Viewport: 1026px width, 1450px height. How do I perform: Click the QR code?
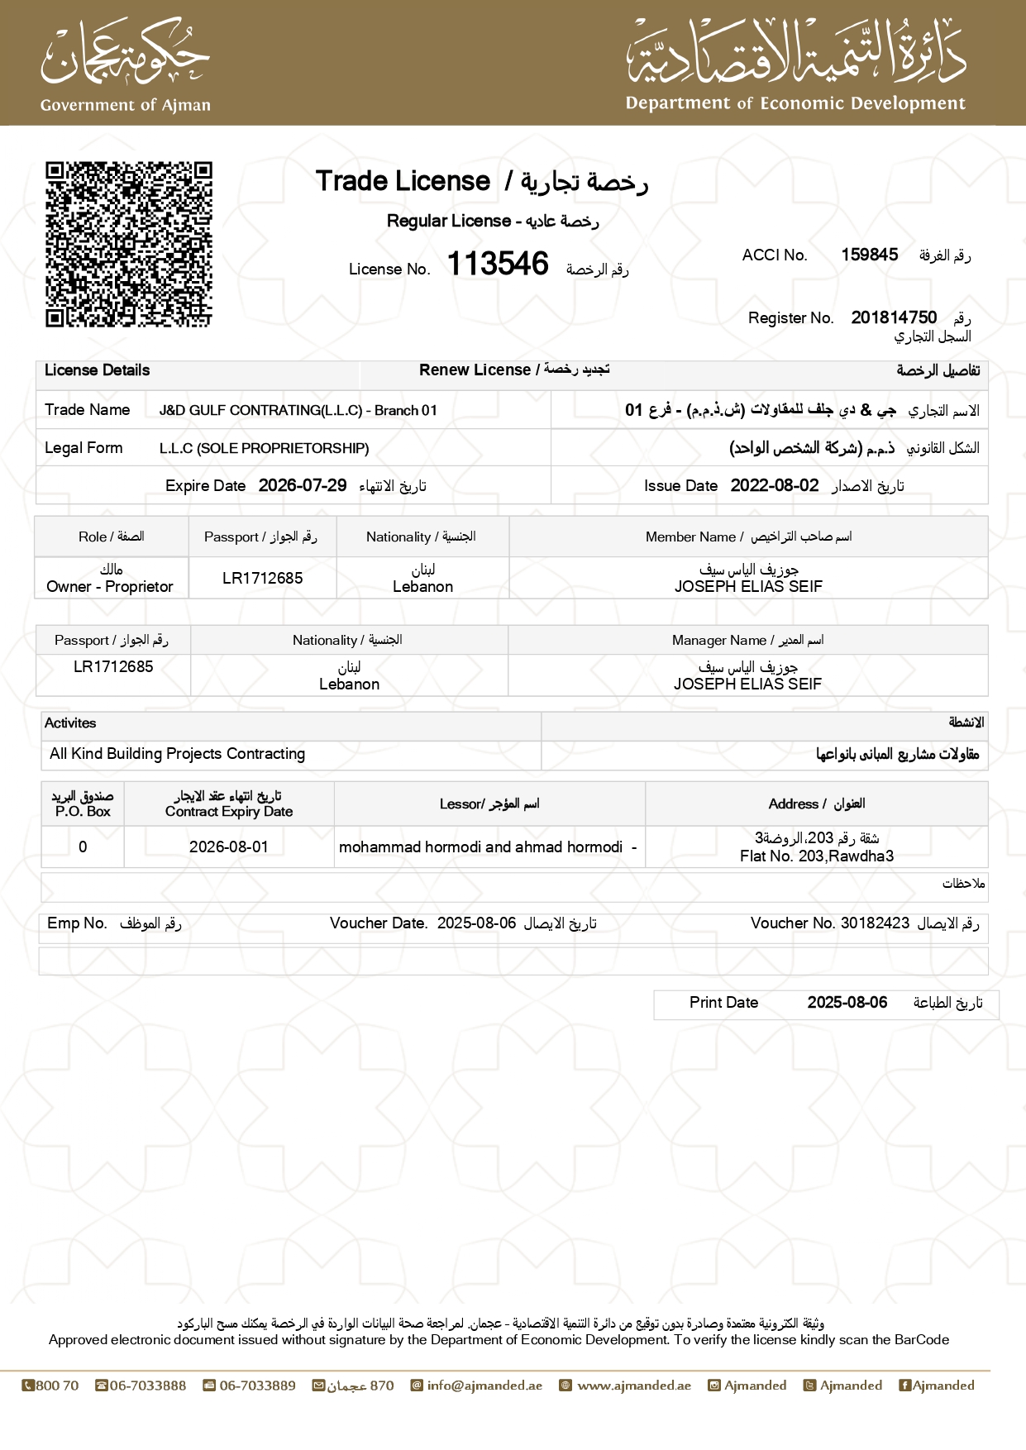[129, 244]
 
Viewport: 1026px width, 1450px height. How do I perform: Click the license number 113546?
[498, 265]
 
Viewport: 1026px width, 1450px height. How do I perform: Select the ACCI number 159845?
[869, 255]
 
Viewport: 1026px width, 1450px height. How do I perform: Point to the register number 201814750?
[894, 317]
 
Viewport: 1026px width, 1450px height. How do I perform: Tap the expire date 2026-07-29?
[303, 485]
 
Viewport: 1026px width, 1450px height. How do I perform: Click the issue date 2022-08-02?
[774, 485]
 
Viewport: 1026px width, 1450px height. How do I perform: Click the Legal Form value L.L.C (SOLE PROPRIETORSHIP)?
[265, 448]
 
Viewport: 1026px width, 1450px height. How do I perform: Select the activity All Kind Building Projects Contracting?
[178, 754]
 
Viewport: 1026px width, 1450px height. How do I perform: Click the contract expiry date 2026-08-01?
[228, 847]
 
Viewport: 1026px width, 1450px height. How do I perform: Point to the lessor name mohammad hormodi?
[480, 847]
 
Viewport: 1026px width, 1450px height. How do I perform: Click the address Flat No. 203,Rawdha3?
[817, 856]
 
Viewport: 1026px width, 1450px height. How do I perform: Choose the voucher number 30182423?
[875, 923]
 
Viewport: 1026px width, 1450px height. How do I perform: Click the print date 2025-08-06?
[847, 1003]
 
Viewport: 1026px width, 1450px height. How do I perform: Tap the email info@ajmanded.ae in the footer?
[484, 1386]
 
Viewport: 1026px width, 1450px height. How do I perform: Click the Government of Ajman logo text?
[126, 105]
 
